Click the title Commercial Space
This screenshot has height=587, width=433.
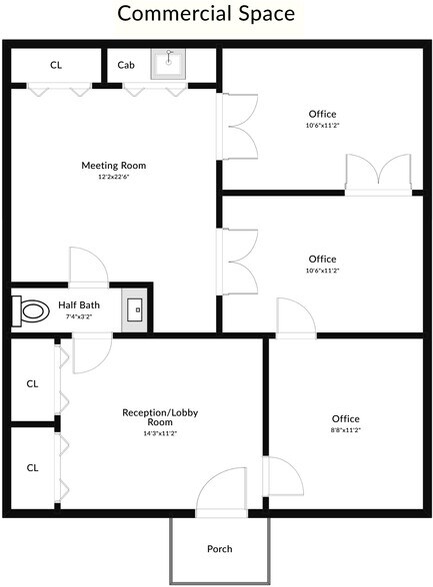206,14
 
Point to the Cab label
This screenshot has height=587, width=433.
126,65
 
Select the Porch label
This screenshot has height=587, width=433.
219,549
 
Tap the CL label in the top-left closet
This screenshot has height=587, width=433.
56,65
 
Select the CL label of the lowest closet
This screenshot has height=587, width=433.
32,467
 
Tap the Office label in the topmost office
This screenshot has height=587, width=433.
322,114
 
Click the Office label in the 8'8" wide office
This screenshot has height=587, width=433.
345,418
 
